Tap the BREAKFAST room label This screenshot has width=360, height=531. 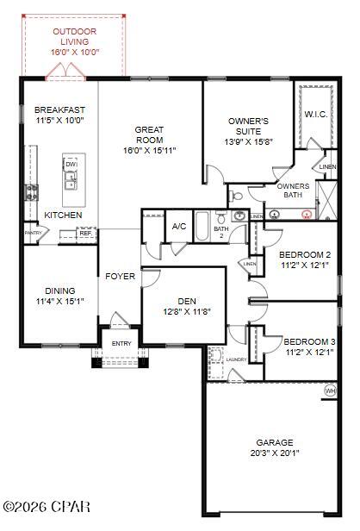point(59,109)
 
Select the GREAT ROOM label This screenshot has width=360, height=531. point(149,135)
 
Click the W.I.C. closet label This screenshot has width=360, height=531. point(314,115)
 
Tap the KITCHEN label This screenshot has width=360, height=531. point(64,215)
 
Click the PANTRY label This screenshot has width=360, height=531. point(33,233)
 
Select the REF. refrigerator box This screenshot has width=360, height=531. point(85,233)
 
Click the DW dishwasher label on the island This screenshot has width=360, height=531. point(71,164)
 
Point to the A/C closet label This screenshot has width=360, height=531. point(179,226)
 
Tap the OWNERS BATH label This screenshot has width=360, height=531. point(293,191)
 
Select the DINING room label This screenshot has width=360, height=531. point(55,290)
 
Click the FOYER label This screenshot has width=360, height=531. point(120,277)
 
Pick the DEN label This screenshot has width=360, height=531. point(187,301)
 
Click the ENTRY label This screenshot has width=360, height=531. point(121,343)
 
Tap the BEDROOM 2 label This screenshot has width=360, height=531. point(305,254)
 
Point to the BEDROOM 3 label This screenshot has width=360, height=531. point(310,342)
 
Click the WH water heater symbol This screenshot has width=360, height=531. point(330,390)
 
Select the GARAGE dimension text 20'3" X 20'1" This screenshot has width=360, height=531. point(274,453)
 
